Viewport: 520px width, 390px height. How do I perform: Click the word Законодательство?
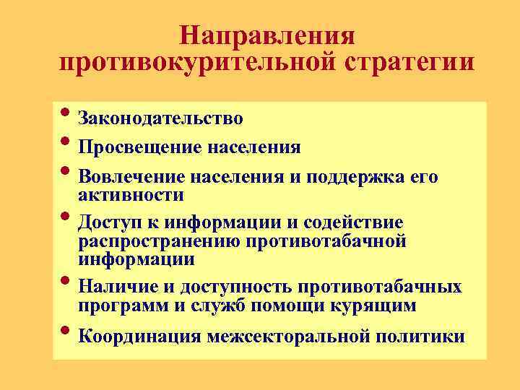(x=160, y=118)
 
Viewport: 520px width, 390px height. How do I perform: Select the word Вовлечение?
(x=132, y=178)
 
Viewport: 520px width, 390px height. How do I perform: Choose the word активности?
(x=131, y=195)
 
